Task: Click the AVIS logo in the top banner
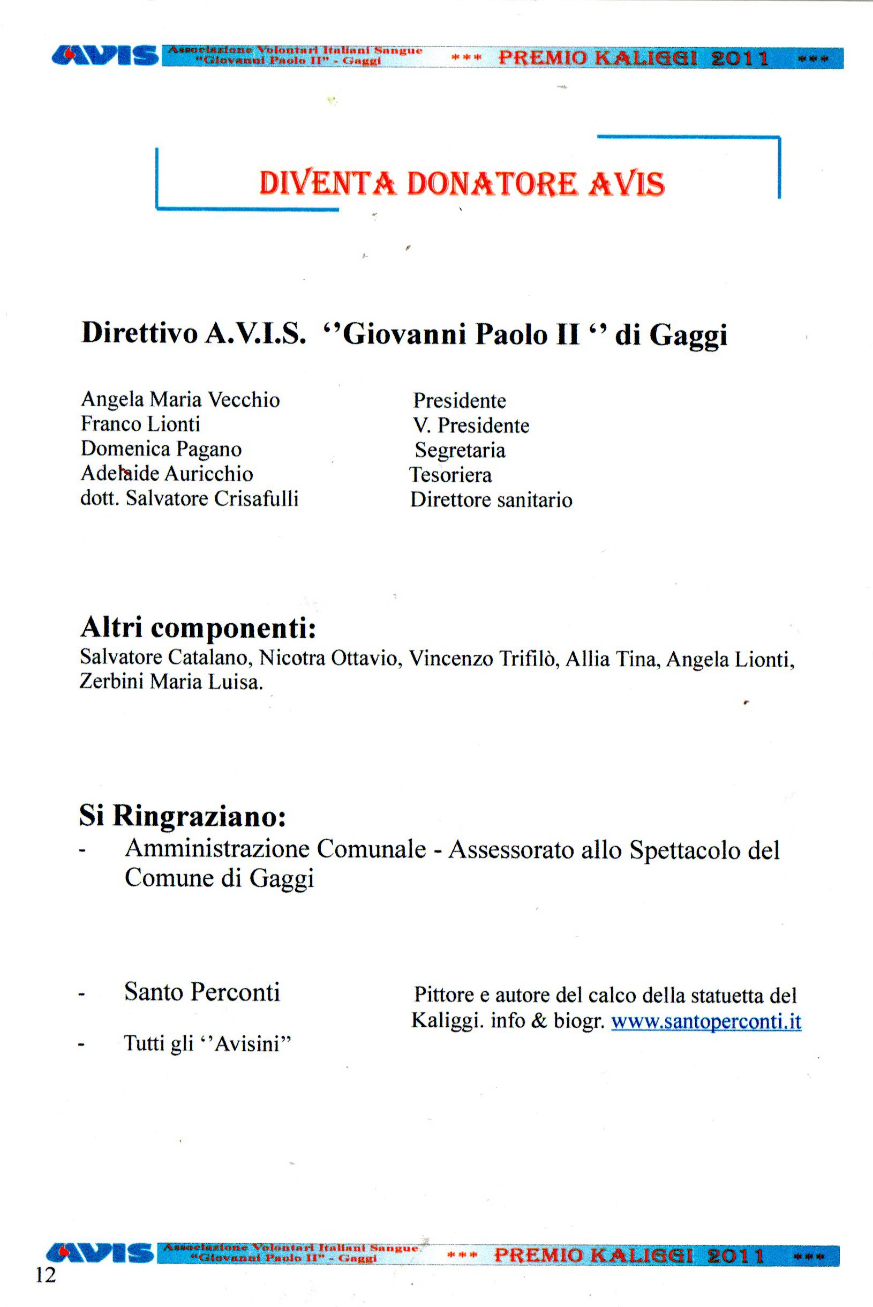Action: [104, 57]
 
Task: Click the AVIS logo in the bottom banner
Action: [100, 1253]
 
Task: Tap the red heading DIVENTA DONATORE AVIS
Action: [462, 184]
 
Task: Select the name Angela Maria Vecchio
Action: [180, 400]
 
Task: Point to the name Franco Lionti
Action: [140, 424]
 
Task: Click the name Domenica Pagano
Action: [161, 449]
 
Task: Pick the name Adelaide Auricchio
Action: [167, 474]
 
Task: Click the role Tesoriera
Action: [450, 475]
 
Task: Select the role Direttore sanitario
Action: [491, 500]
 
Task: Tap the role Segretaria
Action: [460, 450]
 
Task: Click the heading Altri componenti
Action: [198, 628]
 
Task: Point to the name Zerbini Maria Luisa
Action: [171, 682]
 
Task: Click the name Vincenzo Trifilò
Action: [483, 659]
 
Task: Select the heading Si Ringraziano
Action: [183, 816]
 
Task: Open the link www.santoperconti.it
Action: [706, 1021]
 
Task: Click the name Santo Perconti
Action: [201, 992]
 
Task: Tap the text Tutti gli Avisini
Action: [208, 1043]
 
